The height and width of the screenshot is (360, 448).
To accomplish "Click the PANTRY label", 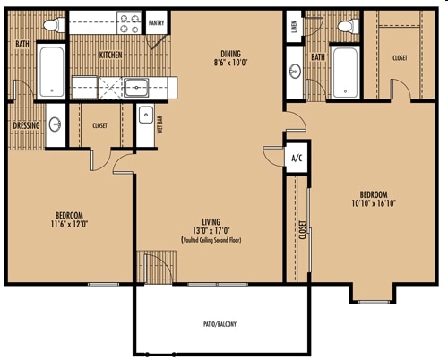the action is (156, 23).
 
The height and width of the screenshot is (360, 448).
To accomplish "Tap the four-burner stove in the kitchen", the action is (129, 22).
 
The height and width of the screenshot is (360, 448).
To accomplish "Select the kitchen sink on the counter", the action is (136, 88).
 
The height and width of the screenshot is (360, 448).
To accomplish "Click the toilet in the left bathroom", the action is (55, 25).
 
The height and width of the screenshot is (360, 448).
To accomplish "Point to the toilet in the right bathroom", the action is (349, 26).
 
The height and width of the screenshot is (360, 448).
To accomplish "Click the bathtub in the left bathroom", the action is (51, 72).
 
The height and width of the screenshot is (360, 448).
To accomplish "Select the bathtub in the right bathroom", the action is (345, 72).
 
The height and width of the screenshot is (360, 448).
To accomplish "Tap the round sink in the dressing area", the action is (55, 124).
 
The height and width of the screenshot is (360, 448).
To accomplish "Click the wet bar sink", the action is (146, 115).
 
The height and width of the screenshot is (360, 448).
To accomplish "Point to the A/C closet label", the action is (297, 158).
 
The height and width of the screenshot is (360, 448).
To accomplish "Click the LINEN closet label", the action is (294, 27).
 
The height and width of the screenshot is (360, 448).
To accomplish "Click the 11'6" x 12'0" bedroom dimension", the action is (69, 224).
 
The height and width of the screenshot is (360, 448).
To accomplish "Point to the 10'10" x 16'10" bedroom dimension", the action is (374, 203).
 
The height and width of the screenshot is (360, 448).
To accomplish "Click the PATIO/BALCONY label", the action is (220, 324).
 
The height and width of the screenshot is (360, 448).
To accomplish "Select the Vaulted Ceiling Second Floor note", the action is (211, 240).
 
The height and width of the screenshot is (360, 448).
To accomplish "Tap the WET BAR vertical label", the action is (159, 124).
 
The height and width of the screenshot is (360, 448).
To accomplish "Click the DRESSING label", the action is (26, 125).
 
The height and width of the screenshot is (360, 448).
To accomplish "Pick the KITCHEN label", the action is (110, 55).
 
